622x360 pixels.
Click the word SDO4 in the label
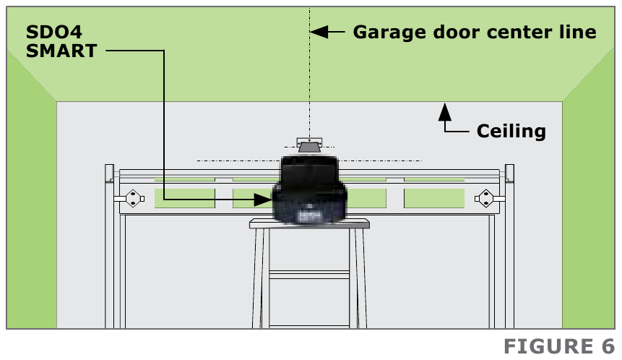[x=50, y=33]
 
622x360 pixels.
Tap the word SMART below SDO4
[x=61, y=51]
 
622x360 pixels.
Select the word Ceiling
[x=511, y=131]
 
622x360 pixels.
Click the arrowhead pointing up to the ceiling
[x=446, y=111]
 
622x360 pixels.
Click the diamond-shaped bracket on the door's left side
[x=132, y=198]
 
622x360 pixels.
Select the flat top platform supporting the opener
[x=309, y=225]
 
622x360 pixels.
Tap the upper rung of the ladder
[x=309, y=273]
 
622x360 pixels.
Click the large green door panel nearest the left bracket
[x=185, y=198]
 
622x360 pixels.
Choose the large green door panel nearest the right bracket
[x=433, y=198]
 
